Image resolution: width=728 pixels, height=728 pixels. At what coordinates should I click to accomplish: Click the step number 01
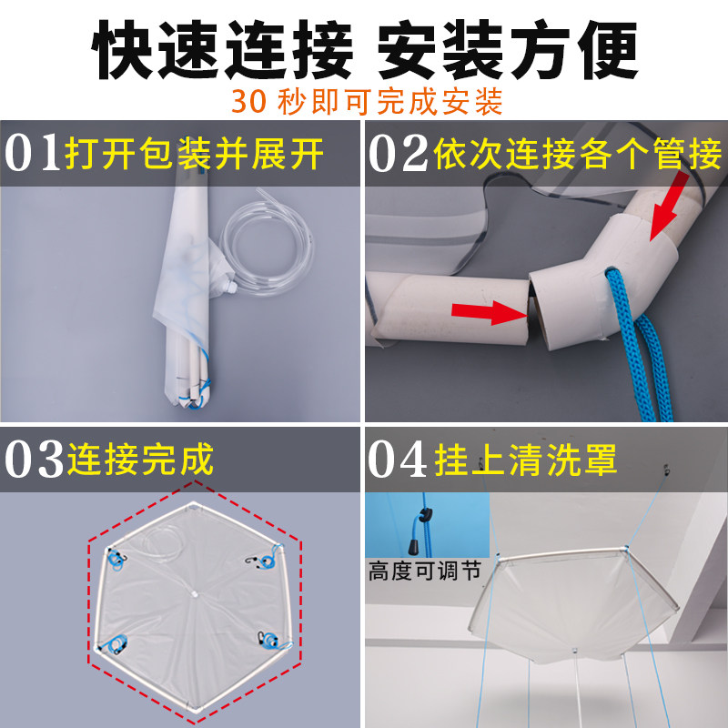34,153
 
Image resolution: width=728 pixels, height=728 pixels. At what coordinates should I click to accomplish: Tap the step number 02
397,153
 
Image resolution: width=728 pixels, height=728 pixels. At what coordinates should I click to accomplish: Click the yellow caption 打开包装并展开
195,153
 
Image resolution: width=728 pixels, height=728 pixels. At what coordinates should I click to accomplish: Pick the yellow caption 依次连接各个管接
579,153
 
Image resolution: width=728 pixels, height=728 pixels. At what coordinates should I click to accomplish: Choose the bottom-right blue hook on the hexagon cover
268,642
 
